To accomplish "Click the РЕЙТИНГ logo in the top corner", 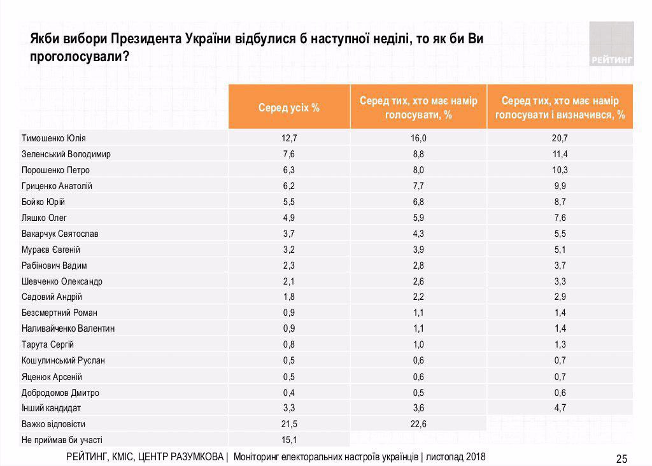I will (611, 45).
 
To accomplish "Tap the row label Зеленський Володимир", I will (66, 155).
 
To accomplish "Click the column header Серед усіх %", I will (289, 108).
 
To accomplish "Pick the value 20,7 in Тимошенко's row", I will (560, 139).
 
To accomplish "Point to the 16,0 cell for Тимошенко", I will (418, 139).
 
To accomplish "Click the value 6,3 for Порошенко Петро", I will (289, 171).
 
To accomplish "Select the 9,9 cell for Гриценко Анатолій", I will (560, 186).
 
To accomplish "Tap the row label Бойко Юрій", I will (44, 202).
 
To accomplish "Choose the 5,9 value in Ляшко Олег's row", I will (418, 218).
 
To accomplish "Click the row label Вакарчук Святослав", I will (60, 234).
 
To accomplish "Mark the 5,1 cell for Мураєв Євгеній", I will (560, 250).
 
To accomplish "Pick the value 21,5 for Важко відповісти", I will (289, 424).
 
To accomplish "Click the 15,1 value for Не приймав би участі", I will (289, 440).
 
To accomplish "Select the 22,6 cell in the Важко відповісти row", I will (418, 424).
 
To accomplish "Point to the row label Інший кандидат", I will (51, 408).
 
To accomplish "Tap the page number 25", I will (621, 459).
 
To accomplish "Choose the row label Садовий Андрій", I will (52, 297).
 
